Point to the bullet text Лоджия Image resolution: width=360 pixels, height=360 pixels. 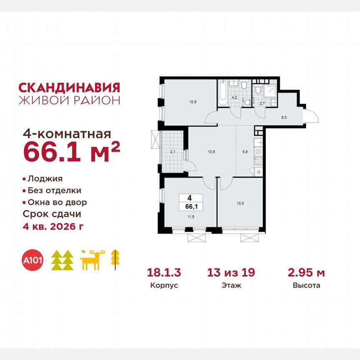(x=45, y=179)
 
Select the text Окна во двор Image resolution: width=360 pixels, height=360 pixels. (x=57, y=202)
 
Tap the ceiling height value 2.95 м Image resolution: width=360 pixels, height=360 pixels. (x=306, y=273)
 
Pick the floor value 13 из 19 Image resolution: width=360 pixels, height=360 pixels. (x=231, y=273)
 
